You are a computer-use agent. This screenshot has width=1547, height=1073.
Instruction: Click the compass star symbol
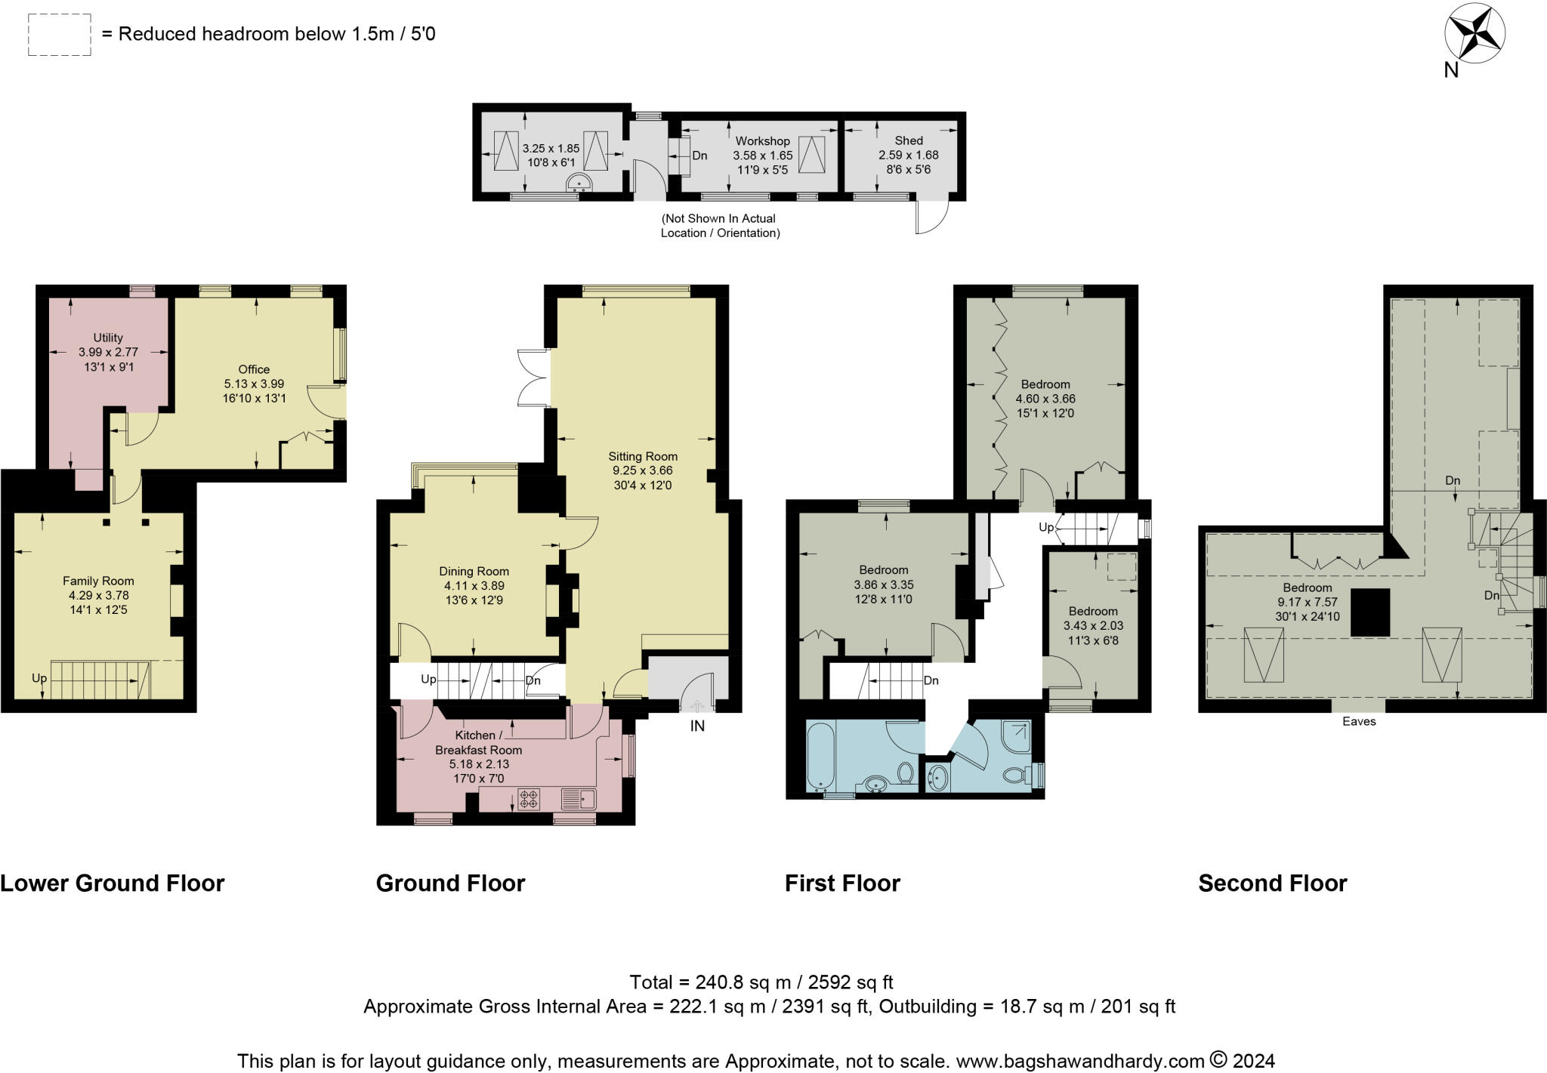point(1474,35)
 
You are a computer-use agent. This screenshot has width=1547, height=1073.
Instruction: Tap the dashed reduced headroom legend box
point(60,34)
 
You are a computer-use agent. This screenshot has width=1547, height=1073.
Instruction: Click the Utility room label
point(108,338)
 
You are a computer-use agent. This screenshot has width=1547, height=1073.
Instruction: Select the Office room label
point(254,369)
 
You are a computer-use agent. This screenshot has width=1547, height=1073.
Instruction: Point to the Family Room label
point(98,581)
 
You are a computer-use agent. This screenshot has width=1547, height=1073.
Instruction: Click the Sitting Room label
point(643,456)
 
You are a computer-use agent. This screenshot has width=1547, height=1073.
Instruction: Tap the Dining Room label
point(474,572)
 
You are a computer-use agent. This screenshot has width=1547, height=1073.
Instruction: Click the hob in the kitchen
point(529,799)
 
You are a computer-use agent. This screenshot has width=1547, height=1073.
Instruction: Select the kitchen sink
point(579,798)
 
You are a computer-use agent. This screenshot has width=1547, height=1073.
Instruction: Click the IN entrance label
point(697,726)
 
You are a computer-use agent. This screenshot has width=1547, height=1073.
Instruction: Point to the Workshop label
point(763,141)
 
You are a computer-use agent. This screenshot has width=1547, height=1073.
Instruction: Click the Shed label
point(909,140)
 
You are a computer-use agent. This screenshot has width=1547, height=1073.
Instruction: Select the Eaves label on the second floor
point(1359,721)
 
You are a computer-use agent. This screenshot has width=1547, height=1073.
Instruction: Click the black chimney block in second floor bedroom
point(1370,612)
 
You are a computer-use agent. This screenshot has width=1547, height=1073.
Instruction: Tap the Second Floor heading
point(1273,883)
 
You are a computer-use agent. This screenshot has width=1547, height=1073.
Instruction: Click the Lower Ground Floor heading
point(113,883)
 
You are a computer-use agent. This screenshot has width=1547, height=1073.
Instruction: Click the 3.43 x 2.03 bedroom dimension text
point(1093,626)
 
